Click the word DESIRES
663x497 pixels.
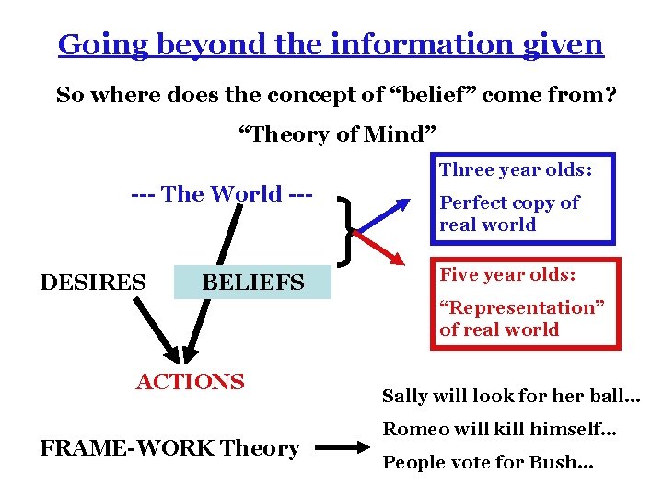(93, 283)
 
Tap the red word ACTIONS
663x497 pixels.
(191, 382)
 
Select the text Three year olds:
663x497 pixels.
(515, 169)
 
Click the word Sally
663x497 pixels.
(403, 397)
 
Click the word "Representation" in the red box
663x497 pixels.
(522, 307)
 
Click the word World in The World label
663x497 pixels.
(246, 194)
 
